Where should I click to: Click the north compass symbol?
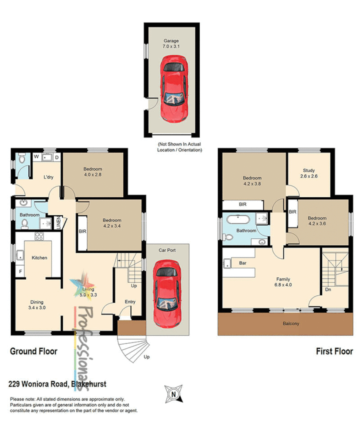pos(173,394)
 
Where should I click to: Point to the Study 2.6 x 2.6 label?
pos(308,173)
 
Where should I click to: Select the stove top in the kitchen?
pos(39,236)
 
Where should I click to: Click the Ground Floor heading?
pos(34,351)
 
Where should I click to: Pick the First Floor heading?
pos(334,352)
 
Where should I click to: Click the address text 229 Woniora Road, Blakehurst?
pos(58,384)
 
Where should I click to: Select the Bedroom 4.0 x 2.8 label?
pos(93,172)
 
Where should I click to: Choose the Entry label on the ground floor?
pos(130,302)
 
